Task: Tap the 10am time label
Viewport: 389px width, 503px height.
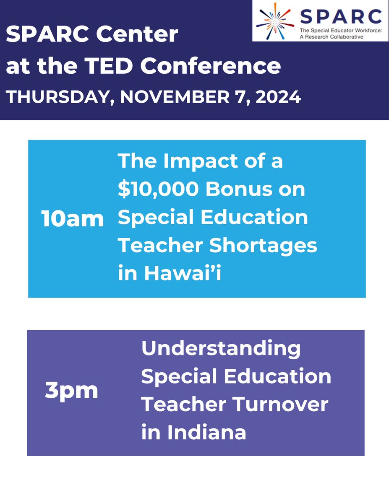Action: (x=72, y=219)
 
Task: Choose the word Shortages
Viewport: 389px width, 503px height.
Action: (x=263, y=246)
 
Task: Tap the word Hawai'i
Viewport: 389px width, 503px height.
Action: (x=186, y=274)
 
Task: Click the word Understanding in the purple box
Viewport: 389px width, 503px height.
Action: (x=221, y=349)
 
